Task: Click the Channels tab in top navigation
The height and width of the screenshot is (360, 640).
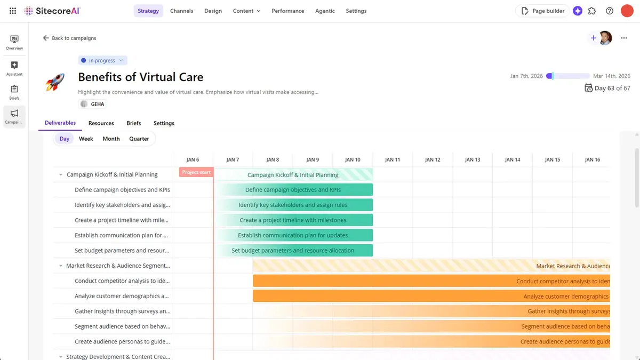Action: [181, 11]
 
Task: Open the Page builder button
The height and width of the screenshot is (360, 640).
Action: [542, 11]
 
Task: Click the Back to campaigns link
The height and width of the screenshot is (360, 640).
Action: [69, 38]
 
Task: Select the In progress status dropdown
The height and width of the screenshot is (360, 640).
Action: [102, 60]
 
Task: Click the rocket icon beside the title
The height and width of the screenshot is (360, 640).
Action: [55, 82]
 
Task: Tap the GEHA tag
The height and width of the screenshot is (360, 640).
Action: [92, 104]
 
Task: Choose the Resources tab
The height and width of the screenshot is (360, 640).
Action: [101, 123]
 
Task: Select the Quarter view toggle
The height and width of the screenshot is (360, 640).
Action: [139, 139]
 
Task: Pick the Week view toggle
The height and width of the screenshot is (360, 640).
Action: [86, 139]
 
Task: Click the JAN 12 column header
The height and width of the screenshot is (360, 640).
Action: [433, 159]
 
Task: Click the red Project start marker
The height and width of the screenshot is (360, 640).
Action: [196, 172]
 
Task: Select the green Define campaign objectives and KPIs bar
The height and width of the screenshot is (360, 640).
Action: [293, 190]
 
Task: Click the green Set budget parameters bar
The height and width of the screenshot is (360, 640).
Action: [293, 250]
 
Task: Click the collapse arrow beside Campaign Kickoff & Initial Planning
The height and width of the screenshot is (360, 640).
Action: [61, 174]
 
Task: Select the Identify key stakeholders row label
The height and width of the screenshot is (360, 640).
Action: [122, 205]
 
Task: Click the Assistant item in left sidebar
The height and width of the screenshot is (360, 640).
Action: [14, 68]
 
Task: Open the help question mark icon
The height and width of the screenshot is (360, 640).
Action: [610, 11]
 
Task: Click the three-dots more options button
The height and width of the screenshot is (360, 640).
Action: [624, 38]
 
